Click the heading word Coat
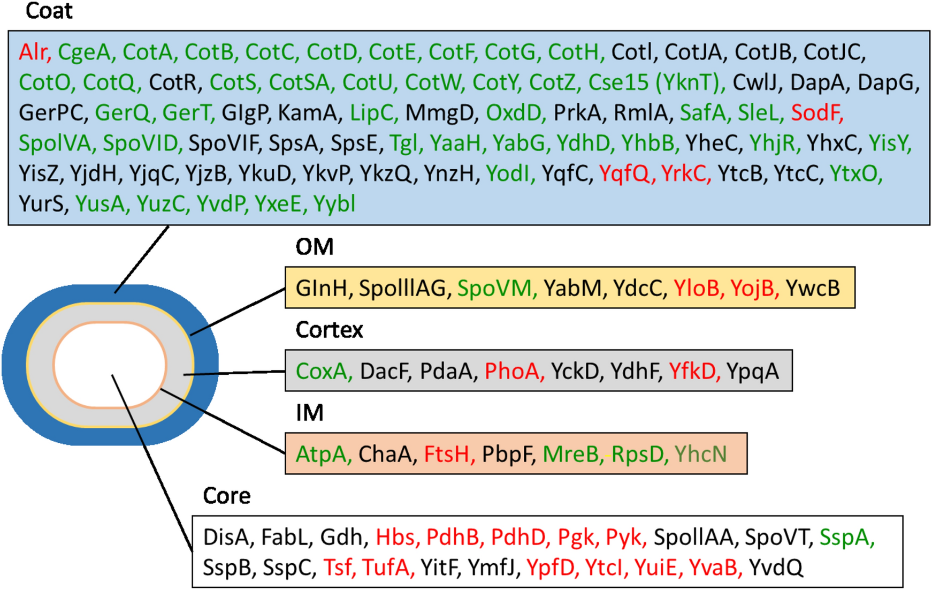tap(49, 11)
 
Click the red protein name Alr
tap(33, 52)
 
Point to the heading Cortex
tap(329, 330)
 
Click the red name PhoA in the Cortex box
tap(513, 372)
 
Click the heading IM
tap(309, 413)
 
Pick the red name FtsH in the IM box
tap(447, 455)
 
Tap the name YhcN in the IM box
tap(700, 455)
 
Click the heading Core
tap(226, 496)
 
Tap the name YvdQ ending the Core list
tap(776, 568)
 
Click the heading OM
tap(315, 247)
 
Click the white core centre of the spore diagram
tap(110, 365)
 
